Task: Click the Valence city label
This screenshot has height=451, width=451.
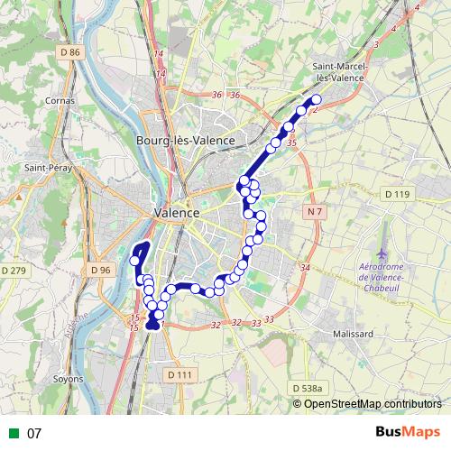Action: click(x=163, y=212)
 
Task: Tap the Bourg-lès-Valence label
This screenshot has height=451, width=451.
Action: click(x=185, y=141)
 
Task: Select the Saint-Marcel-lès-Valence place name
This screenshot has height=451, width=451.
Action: click(x=349, y=72)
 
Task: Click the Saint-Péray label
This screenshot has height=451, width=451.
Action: click(x=49, y=167)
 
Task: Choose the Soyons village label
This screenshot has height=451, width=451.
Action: click(x=68, y=379)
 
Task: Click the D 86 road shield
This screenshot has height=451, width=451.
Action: click(x=69, y=52)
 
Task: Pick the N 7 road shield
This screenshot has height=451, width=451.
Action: click(x=313, y=211)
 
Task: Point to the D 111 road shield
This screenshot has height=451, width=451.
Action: click(x=180, y=374)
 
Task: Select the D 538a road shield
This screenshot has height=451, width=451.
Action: click(x=308, y=388)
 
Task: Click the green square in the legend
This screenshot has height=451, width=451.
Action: click(x=13, y=433)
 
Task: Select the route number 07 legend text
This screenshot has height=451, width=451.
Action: click(x=34, y=433)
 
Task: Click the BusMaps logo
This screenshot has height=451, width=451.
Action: click(x=409, y=432)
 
